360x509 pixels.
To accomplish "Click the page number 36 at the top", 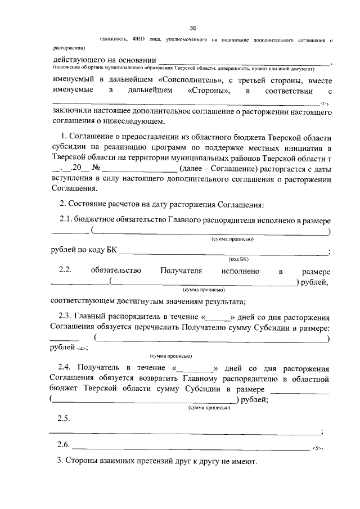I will [x=193, y=28].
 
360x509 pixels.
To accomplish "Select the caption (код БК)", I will [x=238, y=259].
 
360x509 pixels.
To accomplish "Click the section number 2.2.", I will [x=66, y=271].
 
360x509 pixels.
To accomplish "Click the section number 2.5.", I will [x=63, y=419].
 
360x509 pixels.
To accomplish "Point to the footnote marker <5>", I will [x=316, y=448].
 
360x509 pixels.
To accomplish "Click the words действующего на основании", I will [x=103, y=60].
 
